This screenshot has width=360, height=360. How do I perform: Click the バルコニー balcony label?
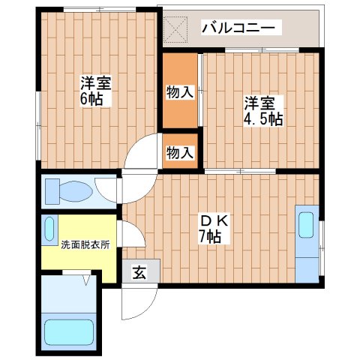(239, 28)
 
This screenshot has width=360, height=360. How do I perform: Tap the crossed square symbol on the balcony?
(177, 29)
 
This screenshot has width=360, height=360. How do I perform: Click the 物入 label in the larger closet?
(179, 93)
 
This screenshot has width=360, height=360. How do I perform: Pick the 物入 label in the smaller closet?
(179, 152)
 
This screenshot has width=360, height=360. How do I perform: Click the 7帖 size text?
(209, 238)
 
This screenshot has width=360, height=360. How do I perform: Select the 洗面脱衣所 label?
(75, 244)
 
